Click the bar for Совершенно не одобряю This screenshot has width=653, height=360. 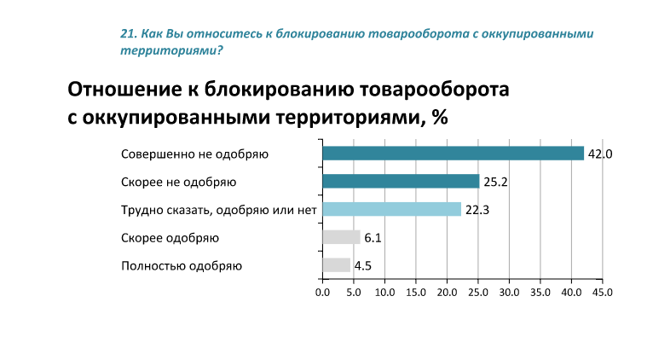click(x=453, y=154)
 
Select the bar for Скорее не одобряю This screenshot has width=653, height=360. click(x=401, y=181)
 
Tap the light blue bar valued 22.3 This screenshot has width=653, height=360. click(x=391, y=209)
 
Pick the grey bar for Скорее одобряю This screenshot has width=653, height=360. click(x=341, y=237)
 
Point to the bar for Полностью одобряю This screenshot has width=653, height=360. click(x=336, y=264)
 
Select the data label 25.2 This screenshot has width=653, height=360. click(x=495, y=182)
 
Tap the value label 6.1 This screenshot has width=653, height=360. click(x=373, y=237)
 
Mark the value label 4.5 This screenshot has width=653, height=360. click(x=363, y=265)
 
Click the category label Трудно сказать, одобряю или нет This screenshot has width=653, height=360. click(x=219, y=209)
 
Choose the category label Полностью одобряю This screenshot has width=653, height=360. click(x=182, y=265)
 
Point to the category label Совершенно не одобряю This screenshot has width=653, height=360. click(x=195, y=154)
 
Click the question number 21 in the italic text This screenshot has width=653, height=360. click(x=128, y=34)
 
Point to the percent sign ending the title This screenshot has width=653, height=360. click(x=440, y=117)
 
